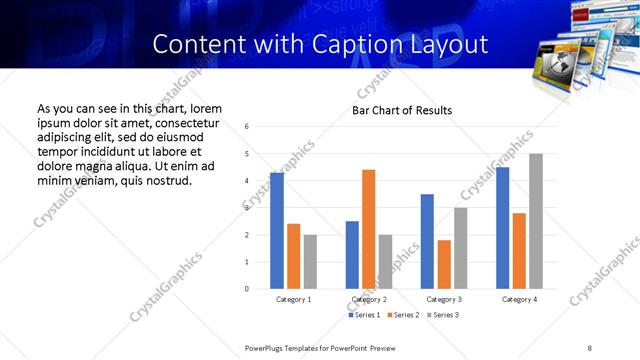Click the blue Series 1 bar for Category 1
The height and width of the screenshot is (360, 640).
pyautogui.click(x=277, y=231)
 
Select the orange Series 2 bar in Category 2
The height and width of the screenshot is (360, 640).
pyautogui.click(x=368, y=229)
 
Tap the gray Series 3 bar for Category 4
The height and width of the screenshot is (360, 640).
pyautogui.click(x=536, y=221)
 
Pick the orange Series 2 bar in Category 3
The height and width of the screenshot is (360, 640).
pyautogui.click(x=444, y=264)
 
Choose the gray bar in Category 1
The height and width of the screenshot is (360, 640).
pyautogui.click(x=310, y=262)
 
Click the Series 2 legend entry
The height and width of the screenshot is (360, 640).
pyautogui.click(x=402, y=315)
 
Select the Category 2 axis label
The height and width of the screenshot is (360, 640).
pyautogui.click(x=369, y=299)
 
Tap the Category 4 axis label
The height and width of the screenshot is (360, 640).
pyautogui.click(x=519, y=299)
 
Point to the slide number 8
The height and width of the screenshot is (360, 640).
pyautogui.click(x=589, y=347)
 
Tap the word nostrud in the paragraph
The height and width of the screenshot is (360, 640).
pyautogui.click(x=165, y=180)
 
